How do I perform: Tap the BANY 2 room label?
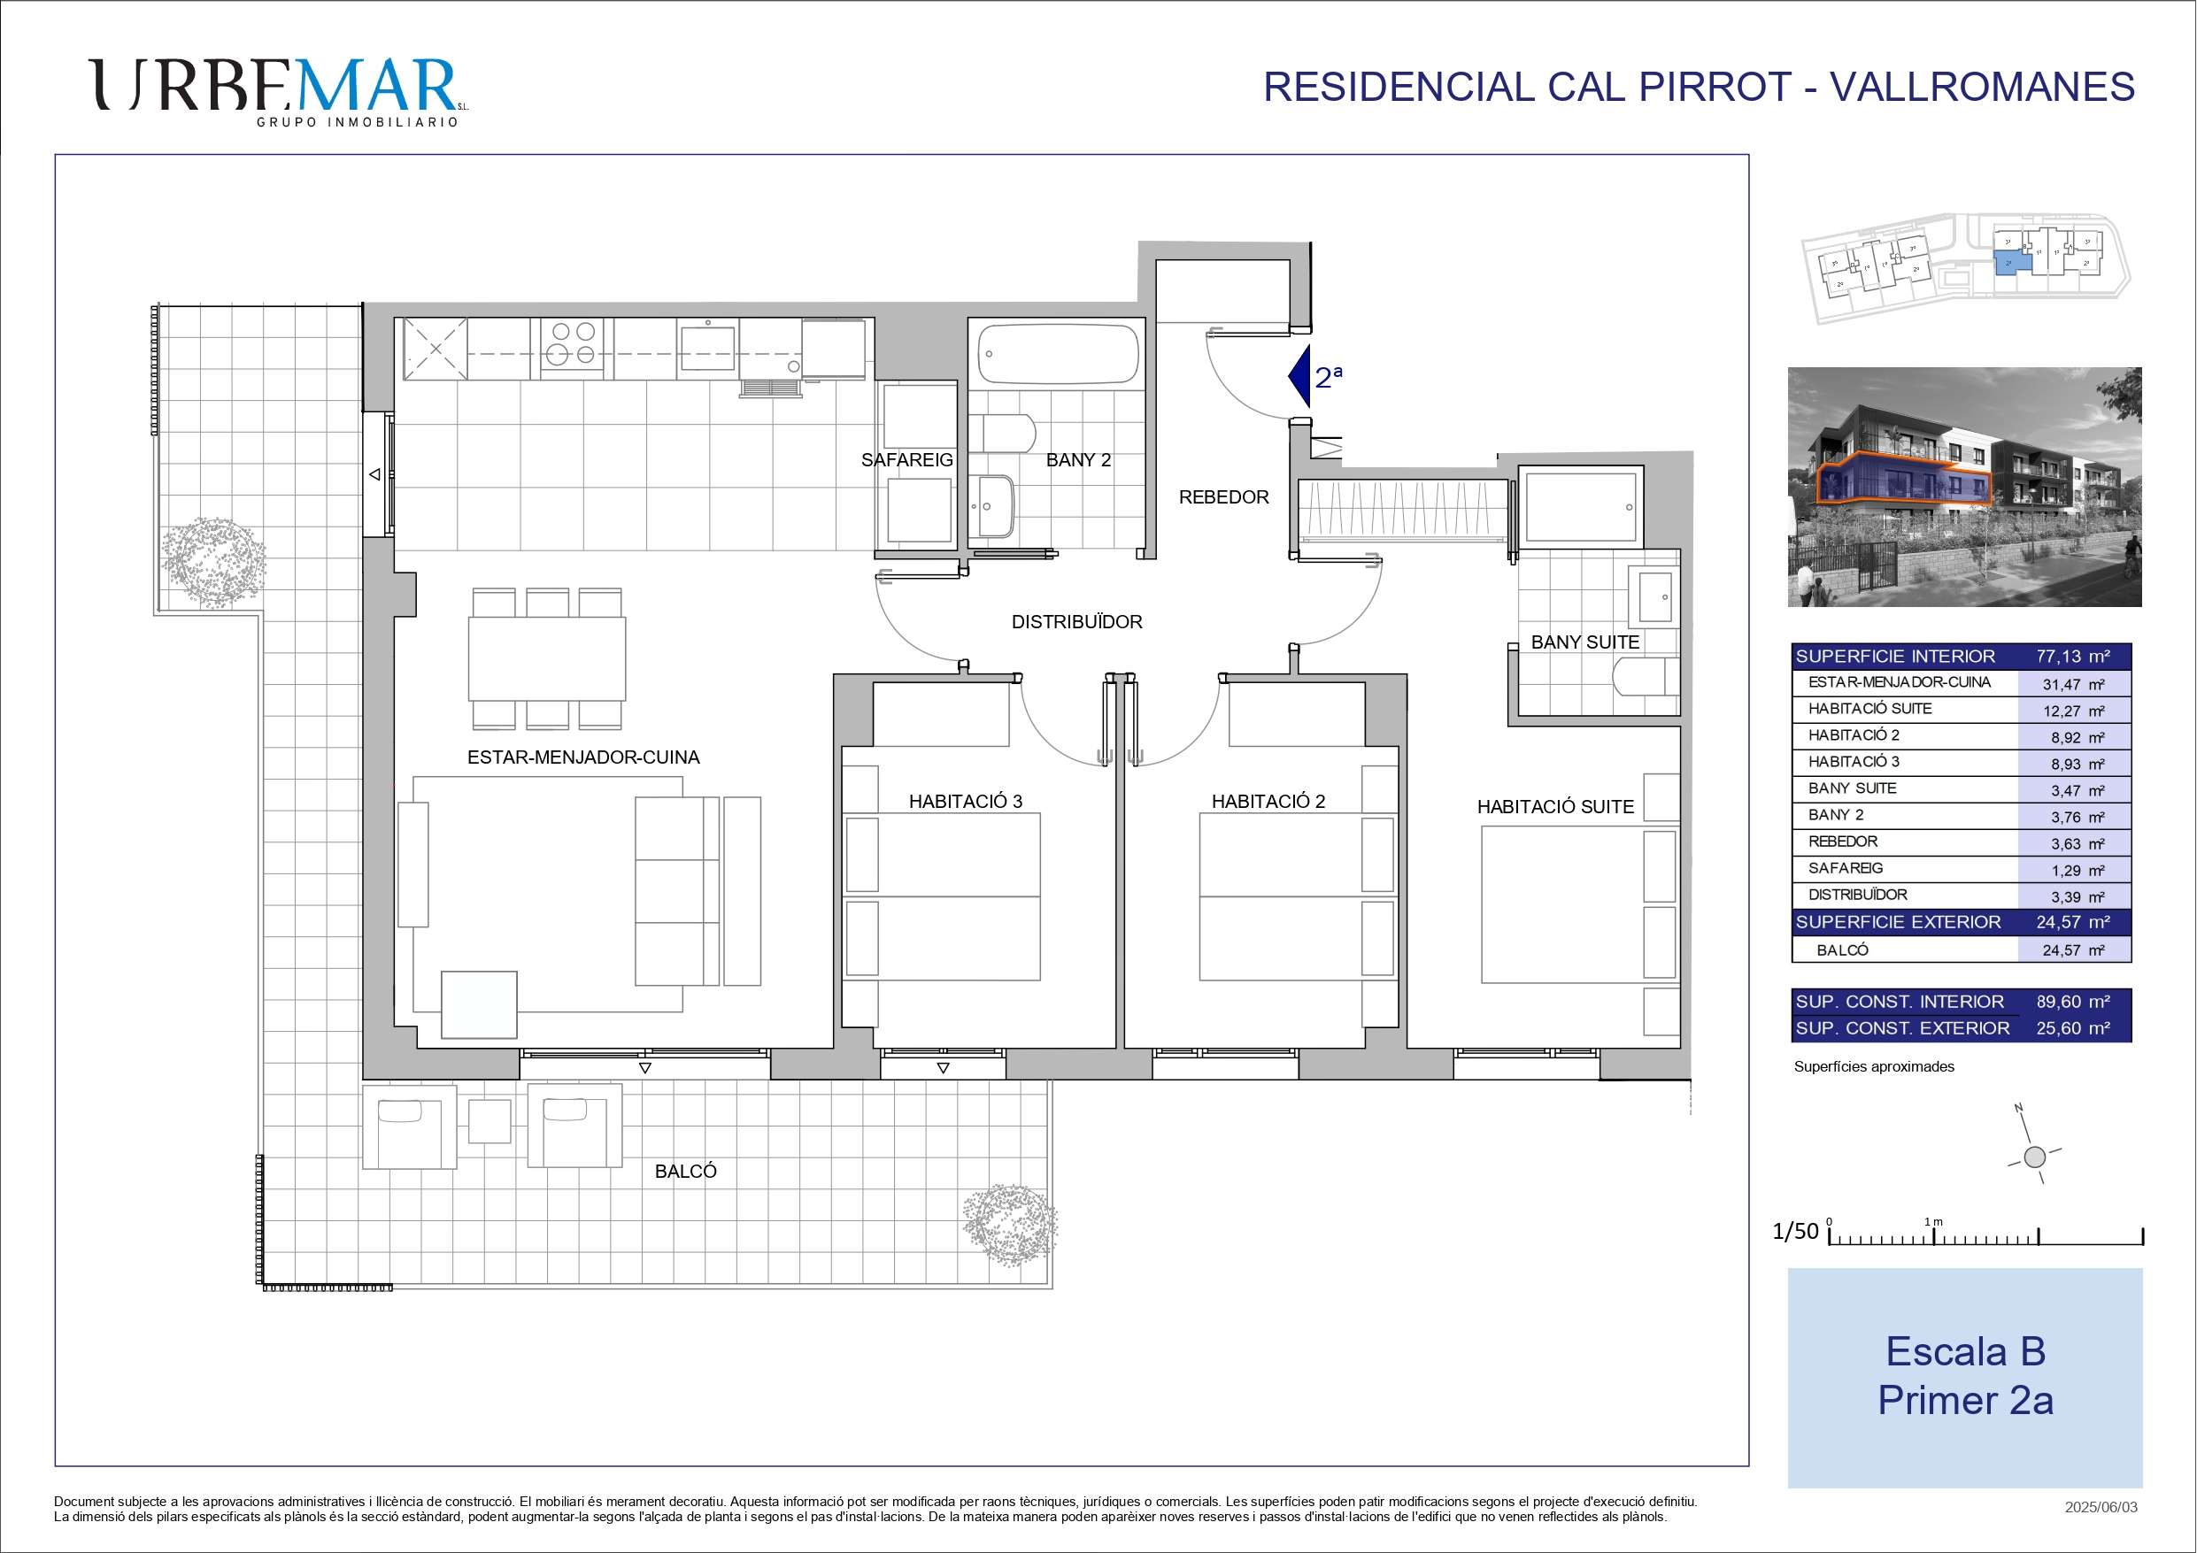point(1078,460)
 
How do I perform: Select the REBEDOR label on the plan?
point(1224,497)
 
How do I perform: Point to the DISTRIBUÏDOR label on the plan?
point(1076,622)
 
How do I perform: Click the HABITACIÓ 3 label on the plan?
point(966,802)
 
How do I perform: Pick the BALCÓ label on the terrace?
point(685,1172)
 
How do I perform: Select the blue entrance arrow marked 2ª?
point(1299,376)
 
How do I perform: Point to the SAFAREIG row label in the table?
point(1846,868)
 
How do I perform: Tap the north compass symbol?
point(2034,1156)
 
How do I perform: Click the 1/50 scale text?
point(1795,1232)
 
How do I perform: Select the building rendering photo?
point(1964,487)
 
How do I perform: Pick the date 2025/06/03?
point(2101,1508)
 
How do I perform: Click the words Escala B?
point(1965,1352)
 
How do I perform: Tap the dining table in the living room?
point(546,658)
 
